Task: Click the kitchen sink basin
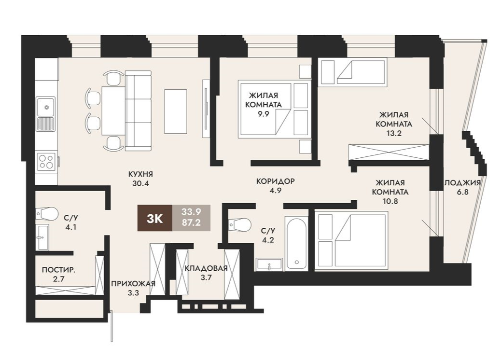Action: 46,107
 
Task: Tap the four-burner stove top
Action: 47,161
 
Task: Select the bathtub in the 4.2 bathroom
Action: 297,243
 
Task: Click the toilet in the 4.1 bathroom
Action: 47,213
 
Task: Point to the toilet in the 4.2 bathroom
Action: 240,224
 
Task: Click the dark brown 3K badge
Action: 155,218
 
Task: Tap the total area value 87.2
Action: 191,222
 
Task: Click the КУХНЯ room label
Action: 140,174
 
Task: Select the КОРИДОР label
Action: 276,181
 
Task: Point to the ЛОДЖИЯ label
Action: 462,183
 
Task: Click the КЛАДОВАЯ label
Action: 206,268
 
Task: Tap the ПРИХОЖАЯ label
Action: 133,284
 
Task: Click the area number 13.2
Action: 394,134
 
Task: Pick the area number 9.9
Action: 264,114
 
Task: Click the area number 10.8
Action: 390,201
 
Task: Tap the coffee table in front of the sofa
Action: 175,111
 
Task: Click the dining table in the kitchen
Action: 113,111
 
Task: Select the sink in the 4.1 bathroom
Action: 42,236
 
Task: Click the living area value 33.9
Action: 191,211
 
